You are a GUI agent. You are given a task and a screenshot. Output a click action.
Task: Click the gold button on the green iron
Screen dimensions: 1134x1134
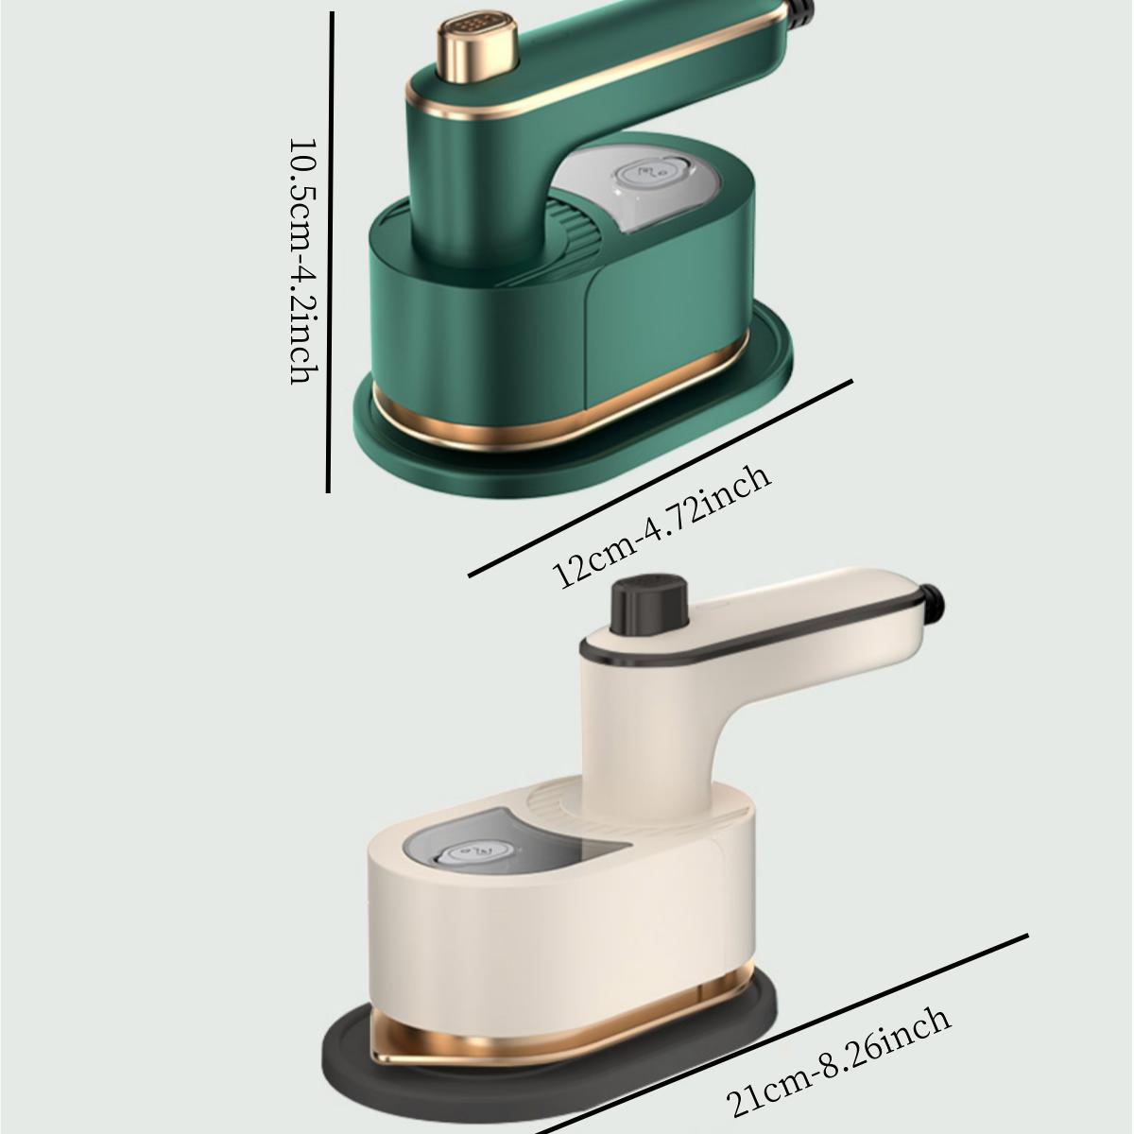click(x=476, y=46)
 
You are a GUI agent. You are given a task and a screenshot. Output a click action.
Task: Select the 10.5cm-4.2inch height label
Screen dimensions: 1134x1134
click(x=304, y=261)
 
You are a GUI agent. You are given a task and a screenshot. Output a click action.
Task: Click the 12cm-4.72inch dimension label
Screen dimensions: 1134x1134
click(x=661, y=525)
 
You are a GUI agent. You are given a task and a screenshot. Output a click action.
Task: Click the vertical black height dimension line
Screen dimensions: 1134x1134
click(x=330, y=252)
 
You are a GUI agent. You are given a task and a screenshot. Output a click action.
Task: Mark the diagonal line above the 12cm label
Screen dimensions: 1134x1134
click(x=661, y=478)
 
